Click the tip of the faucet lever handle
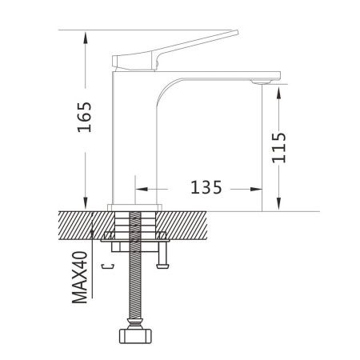coord(239,33)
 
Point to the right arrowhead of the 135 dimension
coord(258,190)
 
